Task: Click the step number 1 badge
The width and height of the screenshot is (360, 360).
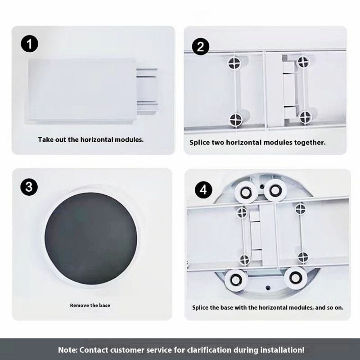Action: [x=30, y=44]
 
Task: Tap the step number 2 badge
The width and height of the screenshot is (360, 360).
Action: [x=200, y=47]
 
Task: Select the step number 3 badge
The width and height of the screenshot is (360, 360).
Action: [x=29, y=187]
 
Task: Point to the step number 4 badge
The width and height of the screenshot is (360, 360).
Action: [x=203, y=190]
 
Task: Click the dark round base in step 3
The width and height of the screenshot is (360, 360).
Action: [x=91, y=238]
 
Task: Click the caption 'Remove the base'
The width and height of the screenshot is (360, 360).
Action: [x=90, y=306]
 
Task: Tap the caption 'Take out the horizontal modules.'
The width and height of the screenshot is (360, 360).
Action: [x=91, y=139]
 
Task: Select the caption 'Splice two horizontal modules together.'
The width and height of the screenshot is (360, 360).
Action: [x=257, y=142]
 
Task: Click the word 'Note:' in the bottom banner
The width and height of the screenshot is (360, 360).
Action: [x=67, y=350]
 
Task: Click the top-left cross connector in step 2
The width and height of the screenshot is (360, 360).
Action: [x=234, y=63]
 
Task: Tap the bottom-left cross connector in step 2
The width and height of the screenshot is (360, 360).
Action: [x=236, y=120]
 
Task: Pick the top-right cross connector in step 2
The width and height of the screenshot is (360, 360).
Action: [x=303, y=62]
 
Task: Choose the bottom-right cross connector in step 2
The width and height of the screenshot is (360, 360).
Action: [x=306, y=117]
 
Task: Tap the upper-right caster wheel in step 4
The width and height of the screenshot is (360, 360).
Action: [x=275, y=190]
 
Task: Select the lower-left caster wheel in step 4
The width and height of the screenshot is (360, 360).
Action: [x=235, y=279]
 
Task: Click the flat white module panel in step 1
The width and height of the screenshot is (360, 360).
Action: [x=82, y=90]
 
